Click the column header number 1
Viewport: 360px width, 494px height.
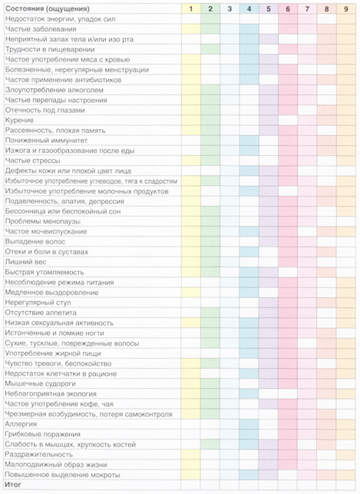pyautogui.click(x=190, y=8)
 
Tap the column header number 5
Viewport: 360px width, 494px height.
pyautogui.click(x=268, y=8)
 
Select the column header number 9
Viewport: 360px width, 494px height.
pyautogui.click(x=346, y=8)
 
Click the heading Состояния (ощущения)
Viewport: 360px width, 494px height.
pyautogui.click(x=48, y=8)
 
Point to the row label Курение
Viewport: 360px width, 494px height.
pyautogui.click(x=19, y=121)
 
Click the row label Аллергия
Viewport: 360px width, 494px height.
pyautogui.click(x=21, y=424)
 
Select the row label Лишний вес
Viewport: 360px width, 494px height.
pyautogui.click(x=26, y=262)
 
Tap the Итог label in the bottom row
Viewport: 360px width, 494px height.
pyautogui.click(x=13, y=485)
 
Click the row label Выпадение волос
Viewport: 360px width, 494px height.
pyautogui.click(x=35, y=242)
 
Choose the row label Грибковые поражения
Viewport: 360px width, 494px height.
pyautogui.click(x=43, y=434)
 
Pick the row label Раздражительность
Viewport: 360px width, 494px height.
pyautogui.click(x=39, y=454)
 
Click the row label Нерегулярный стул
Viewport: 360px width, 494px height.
pyautogui.click(x=38, y=303)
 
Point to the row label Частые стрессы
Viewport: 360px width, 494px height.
pyautogui.click(x=33, y=161)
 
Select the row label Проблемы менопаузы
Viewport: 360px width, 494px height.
pyautogui.click(x=43, y=221)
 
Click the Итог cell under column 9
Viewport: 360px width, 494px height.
pyautogui.click(x=346, y=485)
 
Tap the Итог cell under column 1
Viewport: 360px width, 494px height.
pyautogui.click(x=190, y=485)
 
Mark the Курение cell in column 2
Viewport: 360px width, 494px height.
pyautogui.click(x=210, y=121)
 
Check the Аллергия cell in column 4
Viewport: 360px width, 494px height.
pyautogui.click(x=249, y=424)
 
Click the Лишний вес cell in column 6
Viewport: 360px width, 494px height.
pyautogui.click(x=288, y=262)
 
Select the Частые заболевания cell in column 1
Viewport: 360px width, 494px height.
pyautogui.click(x=190, y=29)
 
